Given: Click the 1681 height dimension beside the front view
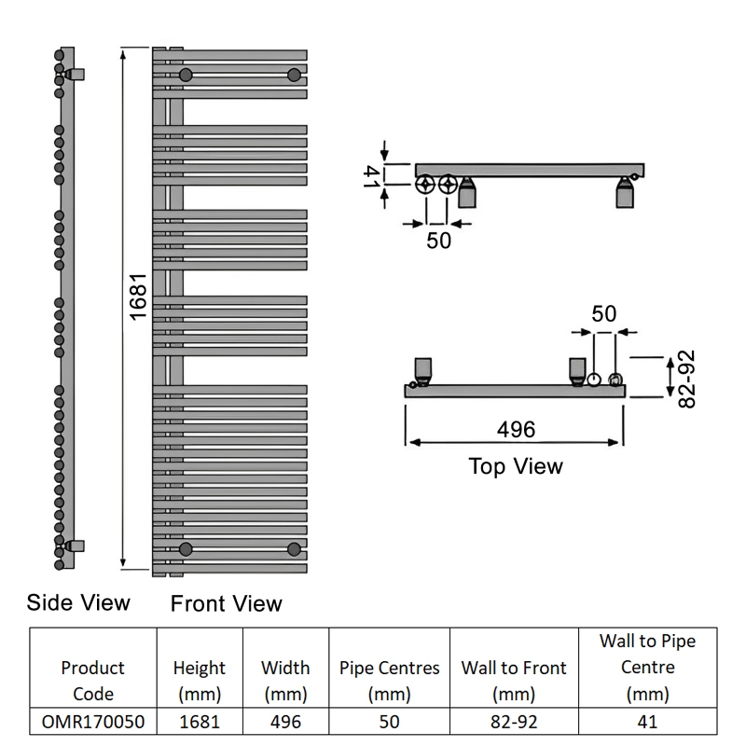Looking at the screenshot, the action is click(138, 297).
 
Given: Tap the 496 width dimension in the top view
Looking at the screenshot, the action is click(517, 430).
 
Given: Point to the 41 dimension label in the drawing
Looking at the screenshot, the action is click(371, 176).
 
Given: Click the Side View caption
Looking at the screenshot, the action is click(78, 602).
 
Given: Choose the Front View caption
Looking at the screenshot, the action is click(227, 603).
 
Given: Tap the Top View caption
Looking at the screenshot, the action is click(516, 466).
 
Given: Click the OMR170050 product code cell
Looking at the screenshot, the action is click(93, 722).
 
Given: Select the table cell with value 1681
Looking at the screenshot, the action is click(200, 722).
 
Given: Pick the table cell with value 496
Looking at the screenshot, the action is click(285, 722).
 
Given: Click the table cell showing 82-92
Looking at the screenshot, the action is click(514, 722).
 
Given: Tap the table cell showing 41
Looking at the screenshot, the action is click(647, 722).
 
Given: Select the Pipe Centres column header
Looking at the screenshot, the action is click(389, 681).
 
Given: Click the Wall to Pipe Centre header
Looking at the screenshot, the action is click(647, 668).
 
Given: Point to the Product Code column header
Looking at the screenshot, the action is click(93, 681).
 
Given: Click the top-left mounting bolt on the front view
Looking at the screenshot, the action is click(186, 75).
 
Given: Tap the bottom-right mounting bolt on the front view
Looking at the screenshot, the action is click(294, 549).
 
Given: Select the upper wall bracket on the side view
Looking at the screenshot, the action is click(76, 75).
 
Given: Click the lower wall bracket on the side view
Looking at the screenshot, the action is click(76, 546).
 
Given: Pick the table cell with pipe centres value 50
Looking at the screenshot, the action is click(389, 722).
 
